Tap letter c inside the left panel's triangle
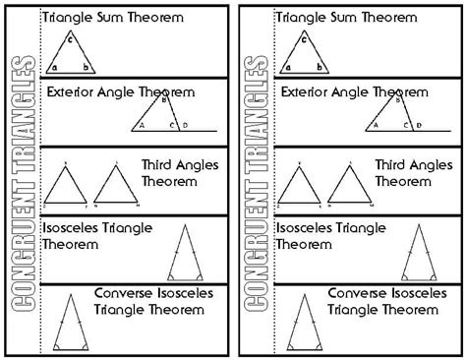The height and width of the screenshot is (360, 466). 70,39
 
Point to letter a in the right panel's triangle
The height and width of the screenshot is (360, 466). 288,68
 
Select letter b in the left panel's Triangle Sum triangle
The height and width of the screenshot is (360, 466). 87,68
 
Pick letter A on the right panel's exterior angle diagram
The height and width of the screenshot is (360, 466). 374,126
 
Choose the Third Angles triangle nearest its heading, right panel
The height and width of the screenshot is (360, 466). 345,186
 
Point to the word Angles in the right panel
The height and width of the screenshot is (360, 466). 420,164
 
